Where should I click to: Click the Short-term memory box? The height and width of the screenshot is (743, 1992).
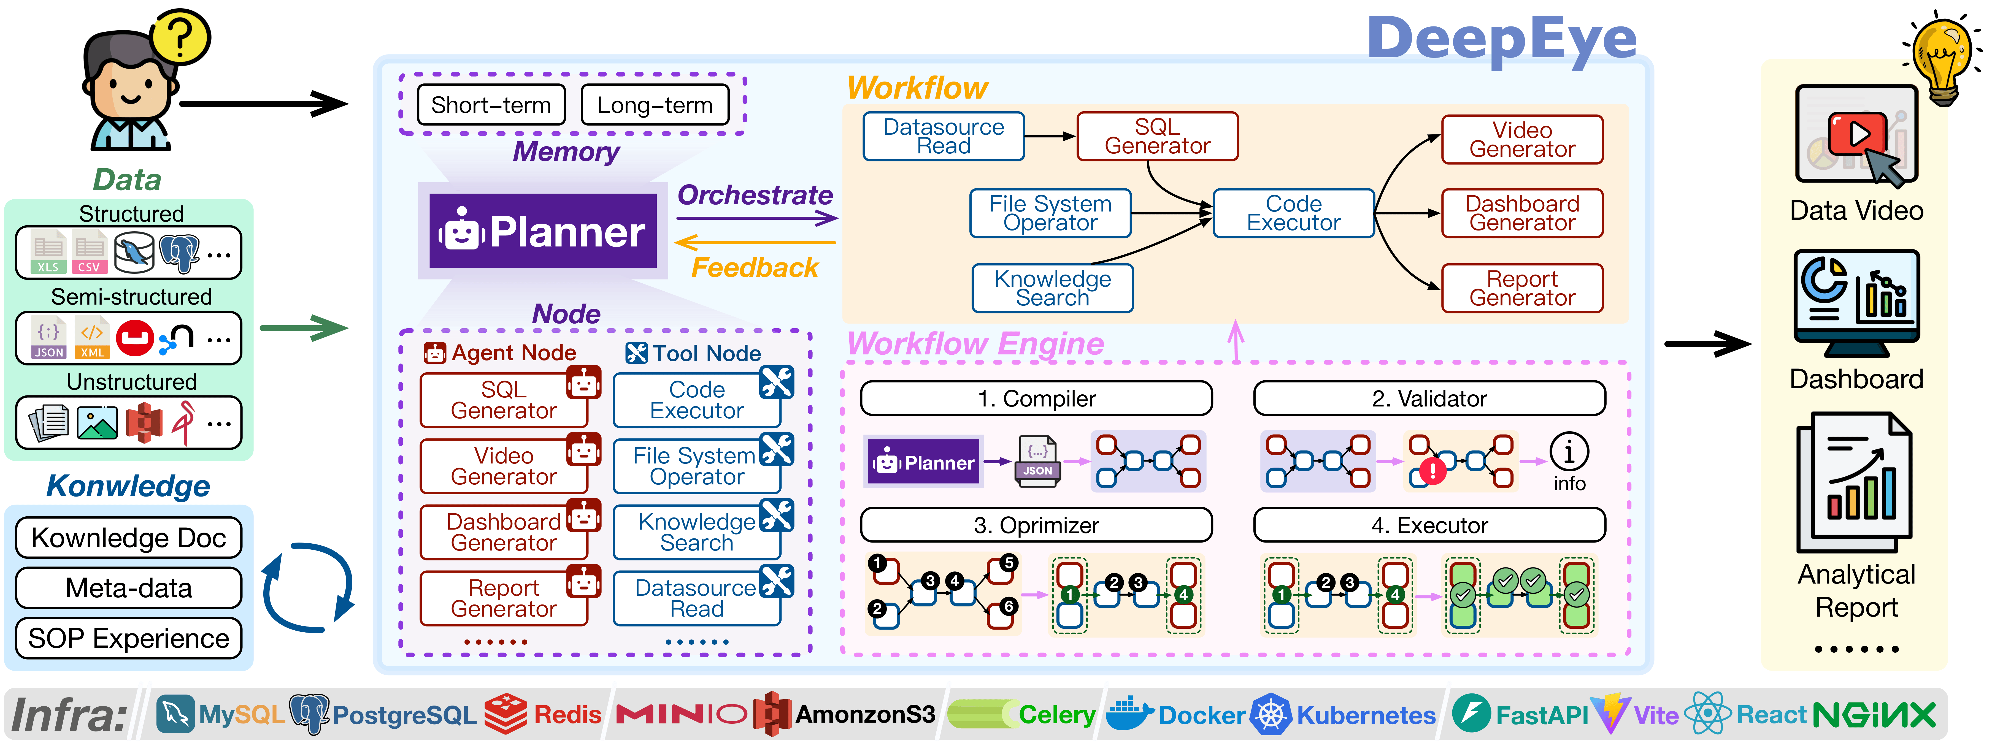click(491, 105)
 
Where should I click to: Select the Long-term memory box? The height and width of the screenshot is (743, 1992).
click(654, 105)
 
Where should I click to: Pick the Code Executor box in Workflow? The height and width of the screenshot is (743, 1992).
click(1294, 213)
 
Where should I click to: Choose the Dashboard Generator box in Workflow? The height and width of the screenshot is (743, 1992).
click(1522, 213)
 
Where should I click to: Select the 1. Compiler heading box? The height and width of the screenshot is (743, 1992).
click(1036, 398)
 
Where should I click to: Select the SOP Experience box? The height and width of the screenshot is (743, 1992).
click(128, 639)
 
